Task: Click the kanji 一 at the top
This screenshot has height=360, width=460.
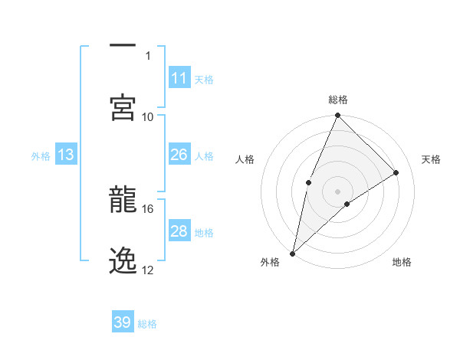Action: click(x=123, y=46)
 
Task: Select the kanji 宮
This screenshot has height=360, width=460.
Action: click(x=123, y=106)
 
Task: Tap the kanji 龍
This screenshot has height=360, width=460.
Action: click(x=123, y=201)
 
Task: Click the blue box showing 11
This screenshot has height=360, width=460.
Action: click(x=179, y=78)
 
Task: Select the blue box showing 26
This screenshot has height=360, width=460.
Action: click(x=179, y=155)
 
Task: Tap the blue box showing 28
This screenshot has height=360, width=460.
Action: click(x=179, y=231)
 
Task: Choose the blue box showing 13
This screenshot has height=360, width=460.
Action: click(x=66, y=155)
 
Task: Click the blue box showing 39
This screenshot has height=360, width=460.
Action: click(x=123, y=322)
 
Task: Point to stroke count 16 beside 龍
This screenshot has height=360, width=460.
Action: click(x=148, y=208)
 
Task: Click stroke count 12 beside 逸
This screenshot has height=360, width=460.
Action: click(x=148, y=270)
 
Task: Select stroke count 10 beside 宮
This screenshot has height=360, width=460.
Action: click(x=148, y=116)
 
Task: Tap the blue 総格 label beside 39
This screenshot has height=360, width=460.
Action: click(x=147, y=324)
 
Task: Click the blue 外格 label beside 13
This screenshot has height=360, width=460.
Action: click(x=41, y=156)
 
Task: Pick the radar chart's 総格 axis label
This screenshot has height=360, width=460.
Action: click(x=337, y=100)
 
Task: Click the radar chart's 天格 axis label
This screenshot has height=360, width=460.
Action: click(x=431, y=159)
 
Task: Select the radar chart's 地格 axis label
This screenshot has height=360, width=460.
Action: click(x=402, y=263)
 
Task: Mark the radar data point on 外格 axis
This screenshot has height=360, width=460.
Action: click(x=292, y=254)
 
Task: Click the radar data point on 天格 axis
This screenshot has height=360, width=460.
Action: click(x=396, y=172)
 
